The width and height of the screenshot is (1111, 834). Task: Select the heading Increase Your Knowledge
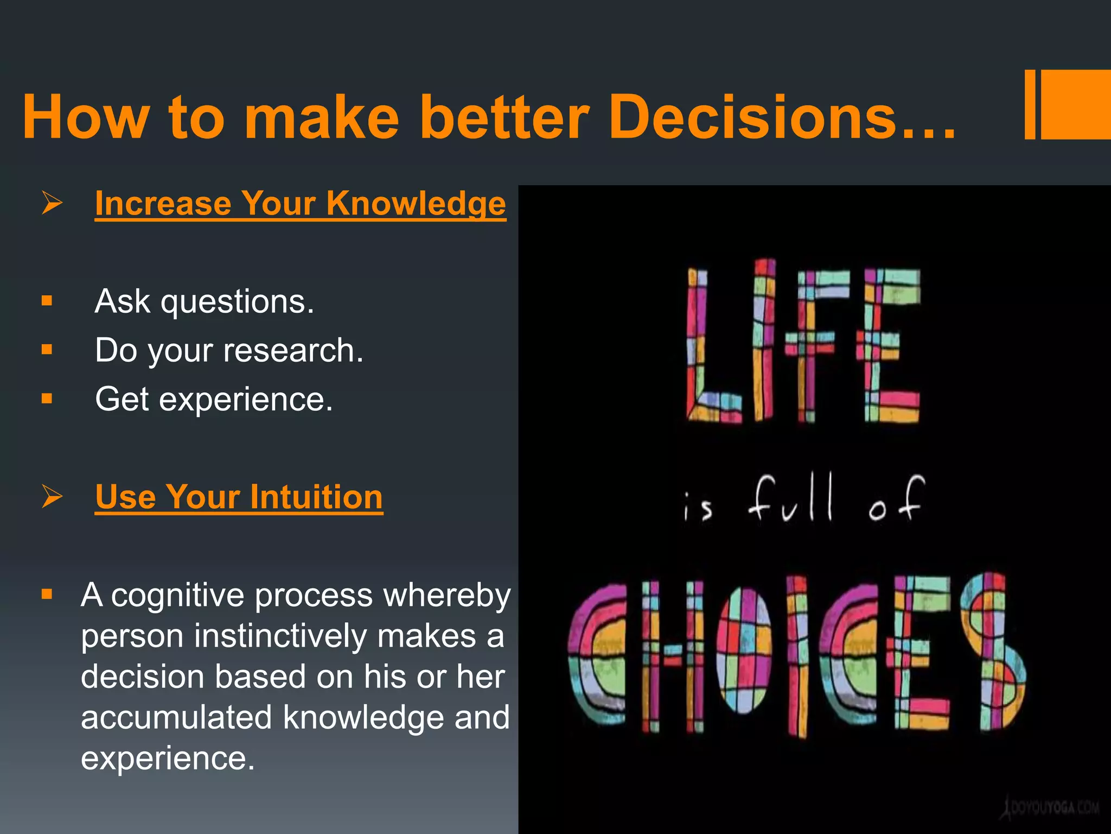pyautogui.click(x=300, y=204)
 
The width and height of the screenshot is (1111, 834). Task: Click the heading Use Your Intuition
pyautogui.click(x=239, y=497)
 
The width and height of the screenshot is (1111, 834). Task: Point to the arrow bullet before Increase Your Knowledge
pyautogui.click(x=52, y=204)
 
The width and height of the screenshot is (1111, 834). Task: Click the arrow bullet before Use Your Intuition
pyautogui.click(x=52, y=497)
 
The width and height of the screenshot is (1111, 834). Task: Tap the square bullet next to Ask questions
pyautogui.click(x=47, y=300)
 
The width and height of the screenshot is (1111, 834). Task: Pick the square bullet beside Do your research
pyautogui.click(x=47, y=349)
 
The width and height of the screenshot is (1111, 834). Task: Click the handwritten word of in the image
pyautogui.click(x=895, y=500)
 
